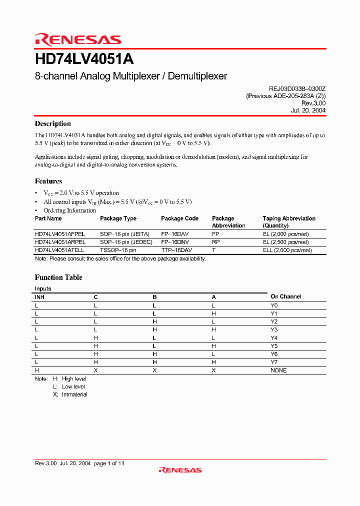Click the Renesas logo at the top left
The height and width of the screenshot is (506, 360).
click(78, 39)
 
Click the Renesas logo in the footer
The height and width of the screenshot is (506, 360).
click(180, 469)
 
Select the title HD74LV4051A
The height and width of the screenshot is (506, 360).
click(84, 59)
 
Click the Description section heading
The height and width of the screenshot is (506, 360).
click(52, 124)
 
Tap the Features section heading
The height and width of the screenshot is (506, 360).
click(48, 181)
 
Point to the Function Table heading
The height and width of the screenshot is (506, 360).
click(58, 277)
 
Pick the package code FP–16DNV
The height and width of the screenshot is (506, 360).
click(175, 241)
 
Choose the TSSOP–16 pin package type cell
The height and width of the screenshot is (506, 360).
click(118, 249)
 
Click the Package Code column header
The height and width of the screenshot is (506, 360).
click(179, 218)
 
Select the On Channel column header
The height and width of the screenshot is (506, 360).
click(285, 296)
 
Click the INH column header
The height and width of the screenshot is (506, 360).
click(39, 297)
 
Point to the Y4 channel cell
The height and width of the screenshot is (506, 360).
click(274, 338)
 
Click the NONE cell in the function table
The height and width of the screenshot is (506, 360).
click(278, 370)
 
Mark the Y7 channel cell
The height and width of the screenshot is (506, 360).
click(274, 362)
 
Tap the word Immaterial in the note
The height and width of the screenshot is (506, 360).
click(74, 394)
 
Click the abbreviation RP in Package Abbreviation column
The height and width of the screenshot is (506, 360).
click(215, 241)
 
